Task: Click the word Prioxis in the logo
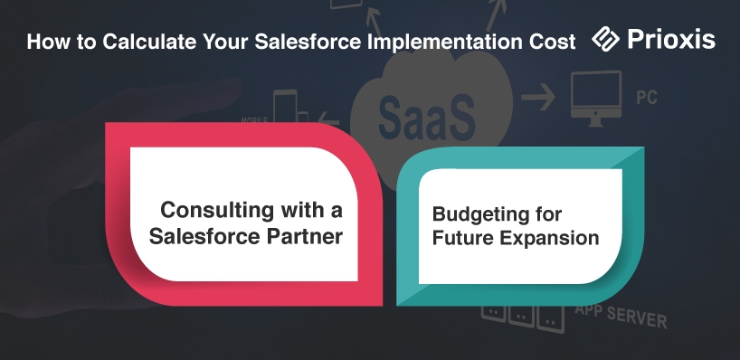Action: coord(671,39)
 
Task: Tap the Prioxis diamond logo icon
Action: coord(605,39)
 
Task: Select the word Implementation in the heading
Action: coord(442,42)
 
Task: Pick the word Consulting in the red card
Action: coord(216,211)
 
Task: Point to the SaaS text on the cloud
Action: coord(426,116)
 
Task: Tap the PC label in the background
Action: coord(647,98)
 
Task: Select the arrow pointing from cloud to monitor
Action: coord(538,97)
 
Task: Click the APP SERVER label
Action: coord(621,316)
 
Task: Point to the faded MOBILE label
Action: coord(254,120)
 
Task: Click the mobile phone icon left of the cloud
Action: coord(285,107)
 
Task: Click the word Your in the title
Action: coord(226,42)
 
